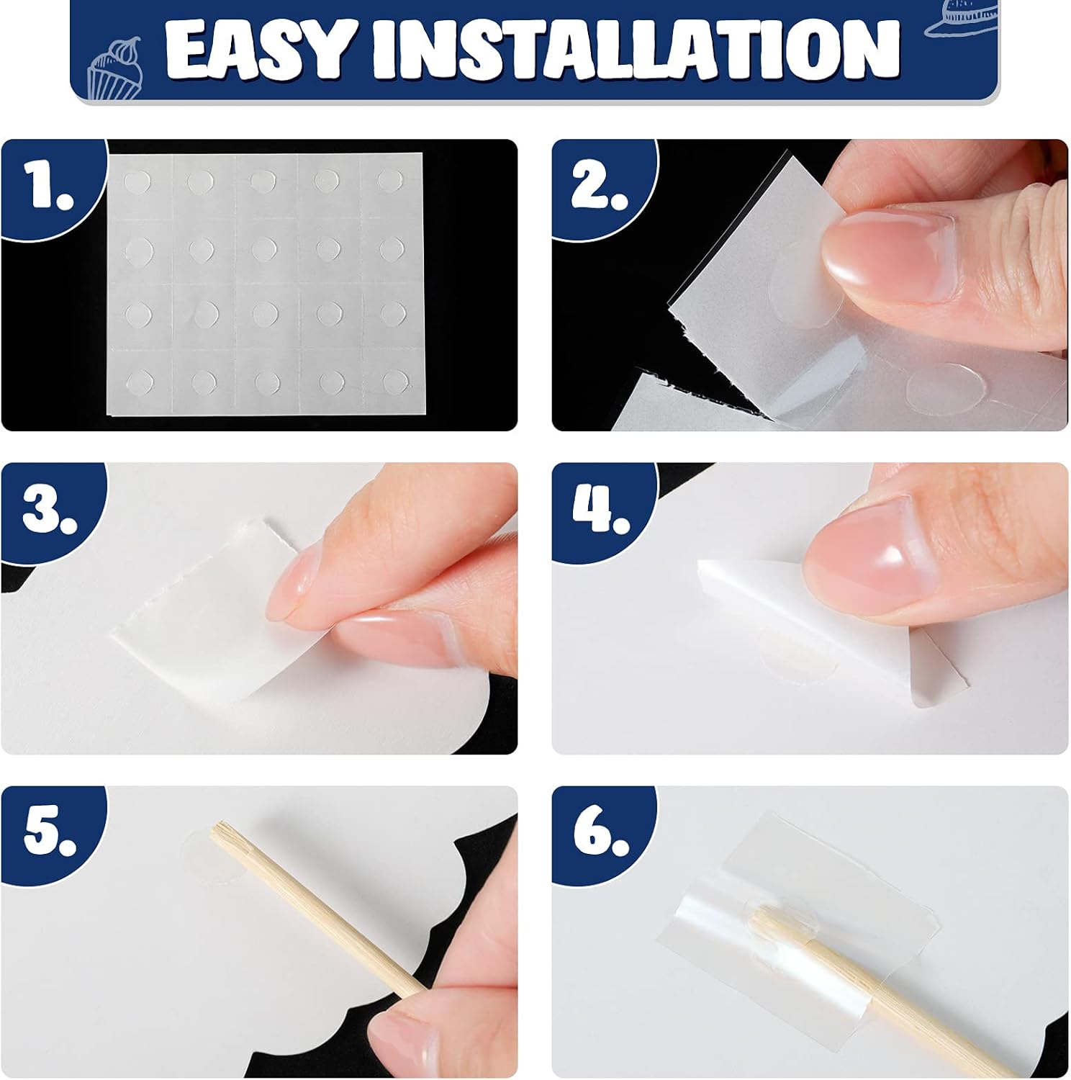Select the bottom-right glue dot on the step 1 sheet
tap(394, 379)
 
